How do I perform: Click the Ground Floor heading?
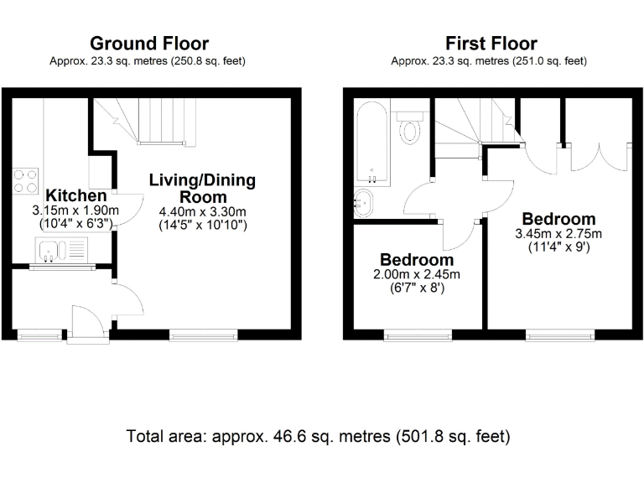[149, 44]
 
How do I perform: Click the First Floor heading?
[491, 44]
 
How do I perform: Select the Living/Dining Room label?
[203, 189]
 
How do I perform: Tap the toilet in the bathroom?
[411, 127]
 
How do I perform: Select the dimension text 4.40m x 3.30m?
[203, 213]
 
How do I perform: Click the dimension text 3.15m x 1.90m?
[75, 210]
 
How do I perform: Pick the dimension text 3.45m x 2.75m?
[558, 234]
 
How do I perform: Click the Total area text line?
[318, 437]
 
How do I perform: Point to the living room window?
[203, 335]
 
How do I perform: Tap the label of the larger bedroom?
[558, 220]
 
